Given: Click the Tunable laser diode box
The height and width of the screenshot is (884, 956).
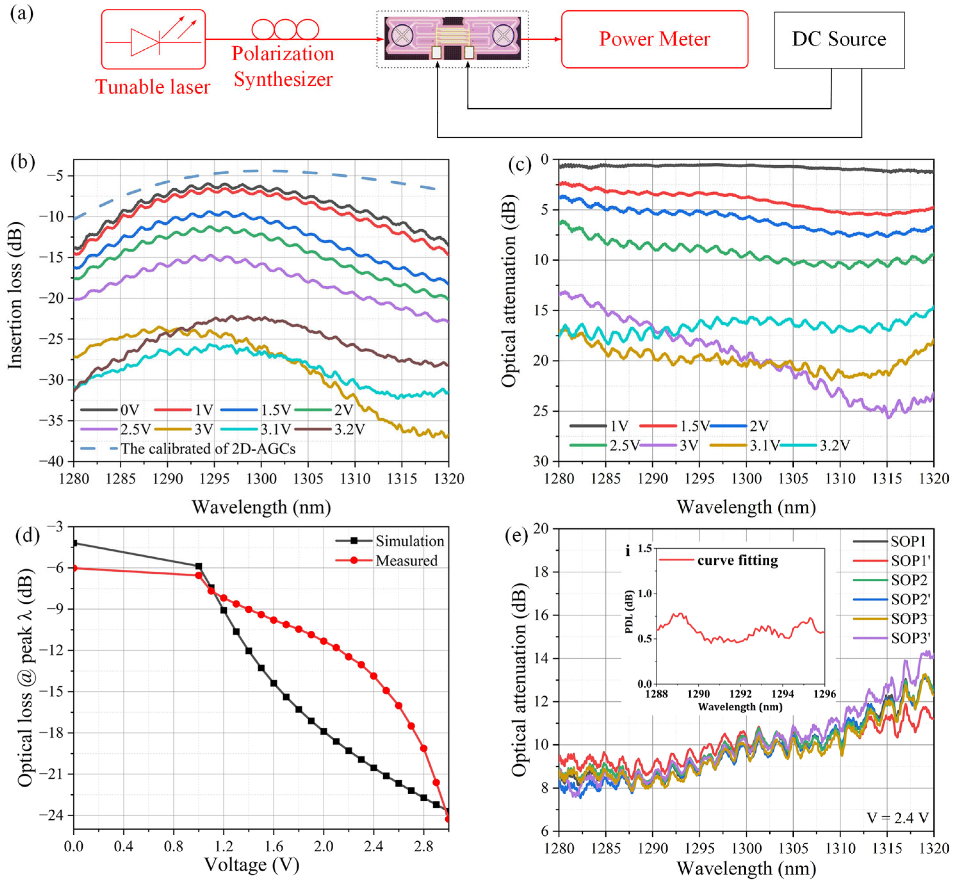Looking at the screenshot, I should pyautogui.click(x=153, y=40).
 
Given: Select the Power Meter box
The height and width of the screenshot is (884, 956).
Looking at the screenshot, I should pyautogui.click(x=654, y=39).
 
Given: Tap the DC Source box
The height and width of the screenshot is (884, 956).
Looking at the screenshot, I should pyautogui.click(x=839, y=40).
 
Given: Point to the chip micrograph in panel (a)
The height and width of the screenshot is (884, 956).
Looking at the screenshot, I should pyautogui.click(x=452, y=38).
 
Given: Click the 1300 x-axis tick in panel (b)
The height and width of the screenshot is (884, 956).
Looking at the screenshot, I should pyautogui.click(x=261, y=479).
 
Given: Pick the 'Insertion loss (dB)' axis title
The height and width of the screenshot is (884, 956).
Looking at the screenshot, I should pyautogui.click(x=15, y=295).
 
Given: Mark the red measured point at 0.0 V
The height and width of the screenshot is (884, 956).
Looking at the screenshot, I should pyautogui.click(x=75, y=568).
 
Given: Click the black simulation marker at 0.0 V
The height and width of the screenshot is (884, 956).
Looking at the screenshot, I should pyautogui.click(x=75, y=543).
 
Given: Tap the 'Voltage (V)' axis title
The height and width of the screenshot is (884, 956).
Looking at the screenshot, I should pyautogui.click(x=252, y=864).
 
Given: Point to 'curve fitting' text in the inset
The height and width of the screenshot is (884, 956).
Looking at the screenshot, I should pyautogui.click(x=737, y=560).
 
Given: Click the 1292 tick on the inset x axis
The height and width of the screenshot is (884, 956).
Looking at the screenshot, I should pyautogui.click(x=740, y=694).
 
